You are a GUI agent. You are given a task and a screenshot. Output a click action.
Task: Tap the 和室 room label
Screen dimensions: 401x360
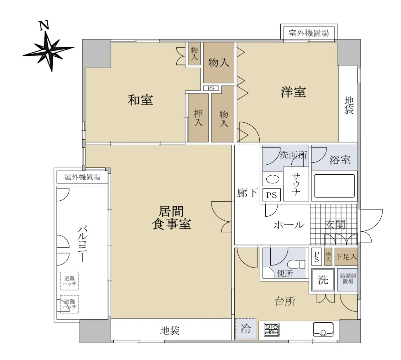click(140, 100)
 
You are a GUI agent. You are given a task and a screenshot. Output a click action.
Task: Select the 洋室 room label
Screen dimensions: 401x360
click(293, 92)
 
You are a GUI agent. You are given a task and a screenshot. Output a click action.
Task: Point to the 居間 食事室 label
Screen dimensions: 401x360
click(171, 218)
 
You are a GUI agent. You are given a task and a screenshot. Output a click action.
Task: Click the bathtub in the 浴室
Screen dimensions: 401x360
click(334, 186)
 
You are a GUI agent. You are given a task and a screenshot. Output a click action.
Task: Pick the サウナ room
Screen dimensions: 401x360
click(296, 184)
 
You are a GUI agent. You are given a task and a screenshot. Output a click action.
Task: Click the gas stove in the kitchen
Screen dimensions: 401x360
click(271, 330)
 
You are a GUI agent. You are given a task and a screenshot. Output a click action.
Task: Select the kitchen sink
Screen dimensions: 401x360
click(323, 330)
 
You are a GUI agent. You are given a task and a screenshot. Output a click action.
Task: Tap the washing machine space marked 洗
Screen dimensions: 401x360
click(323, 280)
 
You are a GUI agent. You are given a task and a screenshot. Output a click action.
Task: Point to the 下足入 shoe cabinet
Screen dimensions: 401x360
click(346, 256)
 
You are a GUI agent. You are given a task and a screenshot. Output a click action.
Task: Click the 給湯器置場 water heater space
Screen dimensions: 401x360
click(348, 280)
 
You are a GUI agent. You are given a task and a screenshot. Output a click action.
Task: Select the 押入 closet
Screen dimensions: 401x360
click(198, 118)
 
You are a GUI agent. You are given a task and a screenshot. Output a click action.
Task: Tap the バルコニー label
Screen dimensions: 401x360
click(82, 244)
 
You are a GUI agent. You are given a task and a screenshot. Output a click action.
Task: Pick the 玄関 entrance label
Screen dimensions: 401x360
click(335, 225)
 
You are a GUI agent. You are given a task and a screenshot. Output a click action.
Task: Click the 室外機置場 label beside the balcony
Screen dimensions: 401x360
click(82, 177)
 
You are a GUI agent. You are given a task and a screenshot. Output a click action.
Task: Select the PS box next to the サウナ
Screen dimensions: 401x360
click(271, 195)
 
